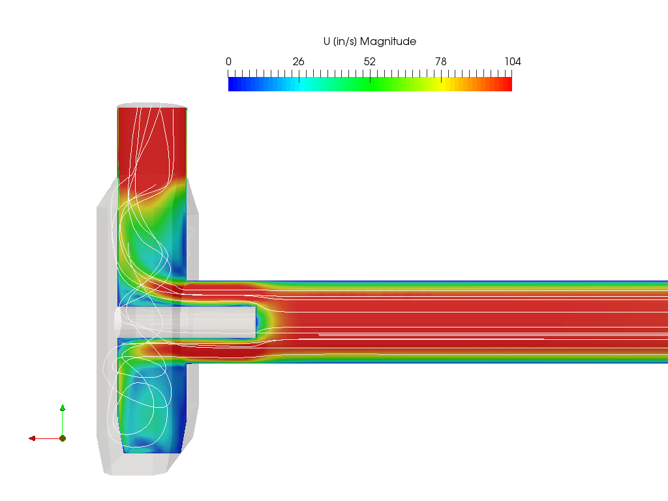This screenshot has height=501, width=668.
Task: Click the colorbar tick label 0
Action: (229, 62)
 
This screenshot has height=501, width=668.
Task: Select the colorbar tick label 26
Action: (299, 62)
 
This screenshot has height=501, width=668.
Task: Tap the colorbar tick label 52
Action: (370, 62)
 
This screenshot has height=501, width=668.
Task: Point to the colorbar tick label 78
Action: (441, 62)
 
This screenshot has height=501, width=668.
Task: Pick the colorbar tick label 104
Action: (513, 62)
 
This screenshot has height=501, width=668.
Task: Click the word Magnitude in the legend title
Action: (388, 42)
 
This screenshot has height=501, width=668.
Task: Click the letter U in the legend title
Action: (327, 42)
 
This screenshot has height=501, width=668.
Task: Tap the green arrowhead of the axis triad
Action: (63, 408)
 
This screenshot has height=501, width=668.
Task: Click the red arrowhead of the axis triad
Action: (32, 438)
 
